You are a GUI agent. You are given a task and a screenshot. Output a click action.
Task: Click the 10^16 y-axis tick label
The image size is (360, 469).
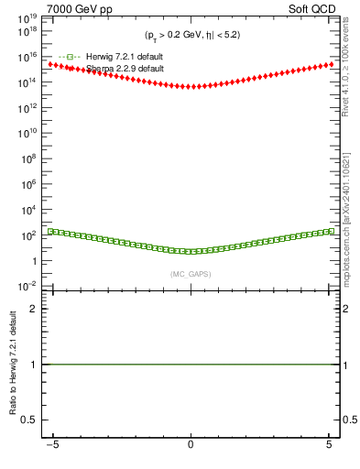coord(27,57)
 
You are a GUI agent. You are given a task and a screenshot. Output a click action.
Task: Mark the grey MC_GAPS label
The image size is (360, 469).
coord(191,274)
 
